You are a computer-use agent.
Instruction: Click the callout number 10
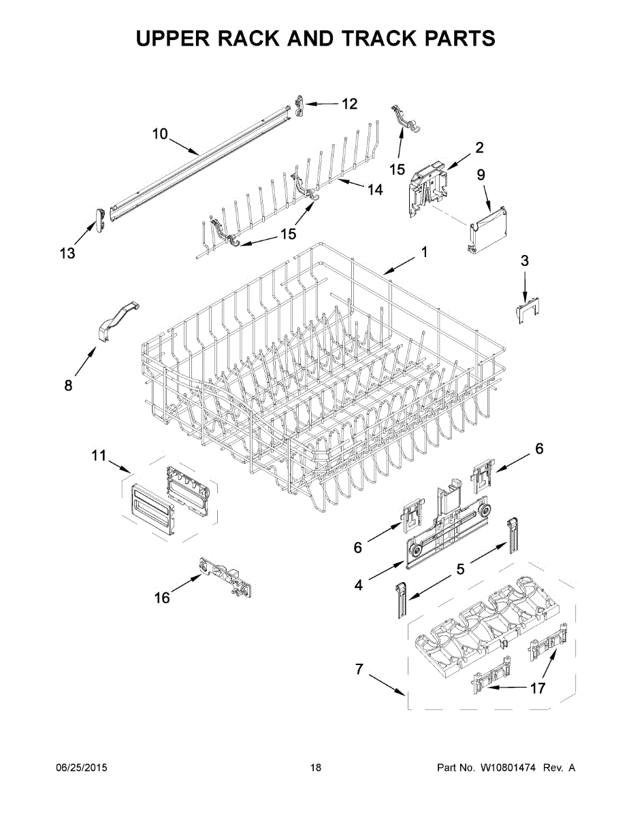click(159, 134)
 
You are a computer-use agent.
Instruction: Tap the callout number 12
click(349, 104)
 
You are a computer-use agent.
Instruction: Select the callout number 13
click(67, 254)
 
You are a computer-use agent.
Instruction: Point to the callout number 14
click(375, 190)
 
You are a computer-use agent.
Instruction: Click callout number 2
click(479, 148)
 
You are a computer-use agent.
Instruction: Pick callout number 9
click(481, 175)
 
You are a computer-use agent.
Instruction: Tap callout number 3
click(524, 260)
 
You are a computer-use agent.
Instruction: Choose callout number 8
click(68, 386)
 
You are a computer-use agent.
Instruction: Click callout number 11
click(99, 456)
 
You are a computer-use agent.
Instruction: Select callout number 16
click(162, 598)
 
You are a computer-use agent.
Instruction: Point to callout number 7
click(359, 669)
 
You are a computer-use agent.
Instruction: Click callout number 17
click(537, 689)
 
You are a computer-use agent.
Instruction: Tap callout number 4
click(358, 584)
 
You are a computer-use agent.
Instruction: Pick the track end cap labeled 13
click(99, 219)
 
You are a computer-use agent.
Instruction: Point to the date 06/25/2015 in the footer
click(81, 768)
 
